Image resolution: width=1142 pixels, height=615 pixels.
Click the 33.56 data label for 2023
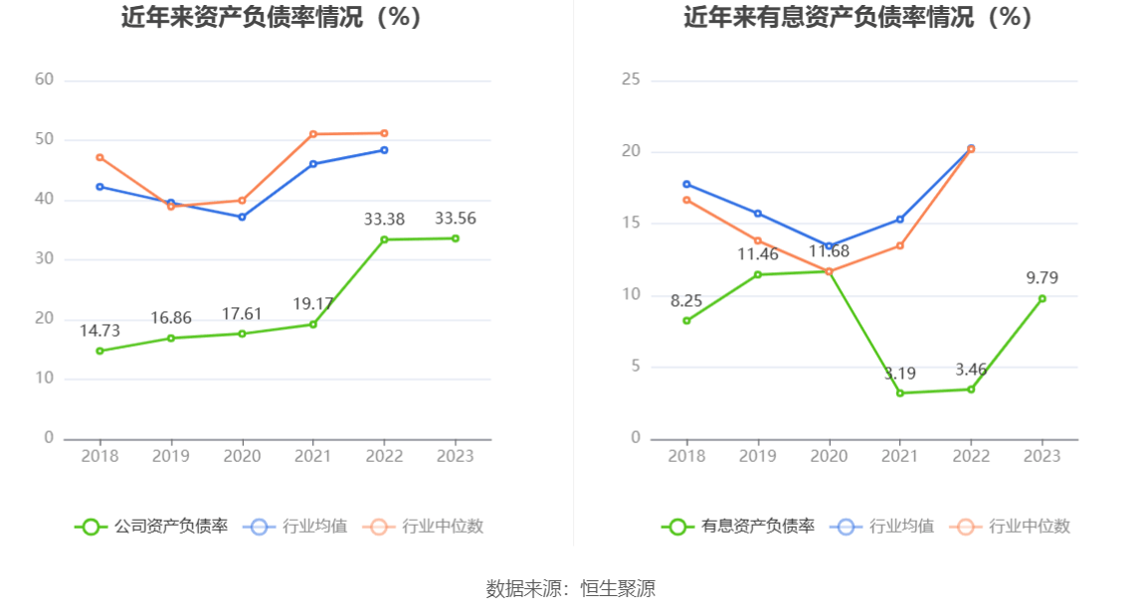pos(455,219)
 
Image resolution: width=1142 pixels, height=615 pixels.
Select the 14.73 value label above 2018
pos(99,331)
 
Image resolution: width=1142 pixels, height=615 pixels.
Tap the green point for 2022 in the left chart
pos(384,239)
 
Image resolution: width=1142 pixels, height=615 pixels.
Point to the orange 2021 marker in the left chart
pos(313,134)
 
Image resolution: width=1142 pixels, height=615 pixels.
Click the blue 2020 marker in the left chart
pos(242,217)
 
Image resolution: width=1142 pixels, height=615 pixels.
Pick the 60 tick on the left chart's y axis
pos(44,79)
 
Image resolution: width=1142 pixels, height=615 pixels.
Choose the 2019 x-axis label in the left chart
pos(170,456)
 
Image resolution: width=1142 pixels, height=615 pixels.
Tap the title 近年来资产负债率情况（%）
pos(272,17)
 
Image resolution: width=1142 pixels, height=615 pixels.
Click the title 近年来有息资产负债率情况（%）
pos(857,17)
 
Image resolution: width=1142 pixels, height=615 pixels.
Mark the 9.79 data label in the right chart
pos(1042,278)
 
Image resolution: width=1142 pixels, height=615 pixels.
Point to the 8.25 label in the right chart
pos(686,301)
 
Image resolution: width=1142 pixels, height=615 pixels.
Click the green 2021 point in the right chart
pos(900,392)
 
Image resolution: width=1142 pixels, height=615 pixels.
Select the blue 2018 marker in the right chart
pos(686,184)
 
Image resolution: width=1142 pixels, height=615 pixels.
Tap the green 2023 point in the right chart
pos(1042,298)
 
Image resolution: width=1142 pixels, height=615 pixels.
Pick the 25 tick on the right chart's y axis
pos(631,79)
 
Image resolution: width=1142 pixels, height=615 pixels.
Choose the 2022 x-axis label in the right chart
pos(971,456)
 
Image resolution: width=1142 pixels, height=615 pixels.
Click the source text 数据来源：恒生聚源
pos(571,588)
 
